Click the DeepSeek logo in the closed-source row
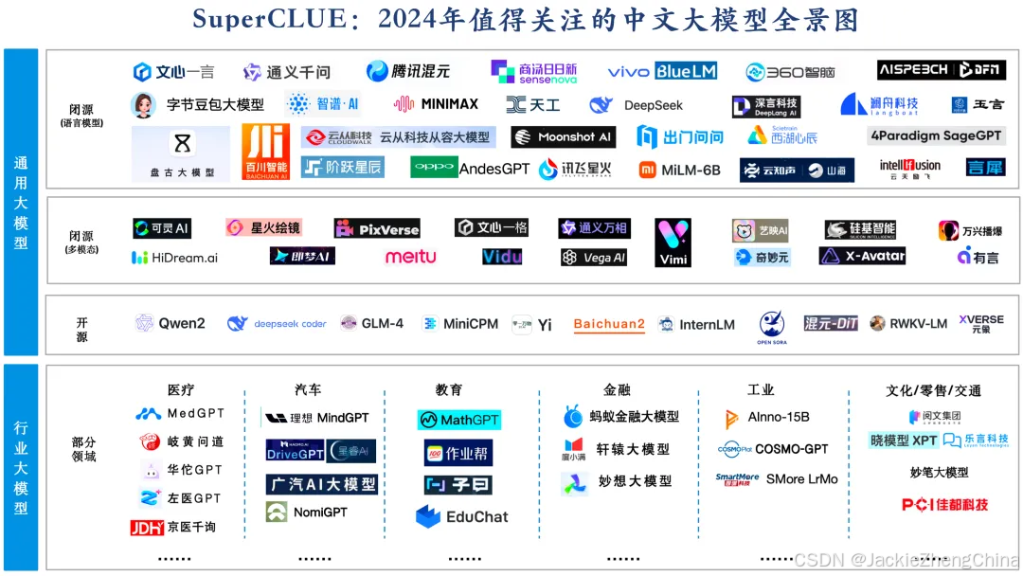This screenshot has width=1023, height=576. click(636, 105)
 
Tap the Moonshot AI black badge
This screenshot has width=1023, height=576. click(563, 137)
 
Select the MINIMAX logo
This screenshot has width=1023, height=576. click(437, 103)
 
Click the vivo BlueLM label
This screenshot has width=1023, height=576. click(662, 71)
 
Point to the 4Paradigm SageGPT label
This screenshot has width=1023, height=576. click(936, 136)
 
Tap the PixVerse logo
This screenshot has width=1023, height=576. click(377, 228)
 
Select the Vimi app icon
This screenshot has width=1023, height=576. click(673, 243)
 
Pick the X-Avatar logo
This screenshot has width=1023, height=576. click(863, 256)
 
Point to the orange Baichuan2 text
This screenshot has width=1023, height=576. click(609, 324)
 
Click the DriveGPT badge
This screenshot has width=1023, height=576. click(296, 451)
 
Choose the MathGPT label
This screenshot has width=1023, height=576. click(458, 420)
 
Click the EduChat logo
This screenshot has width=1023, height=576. click(462, 517)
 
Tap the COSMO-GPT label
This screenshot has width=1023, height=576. click(773, 449)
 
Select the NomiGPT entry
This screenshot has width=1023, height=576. click(307, 513)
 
